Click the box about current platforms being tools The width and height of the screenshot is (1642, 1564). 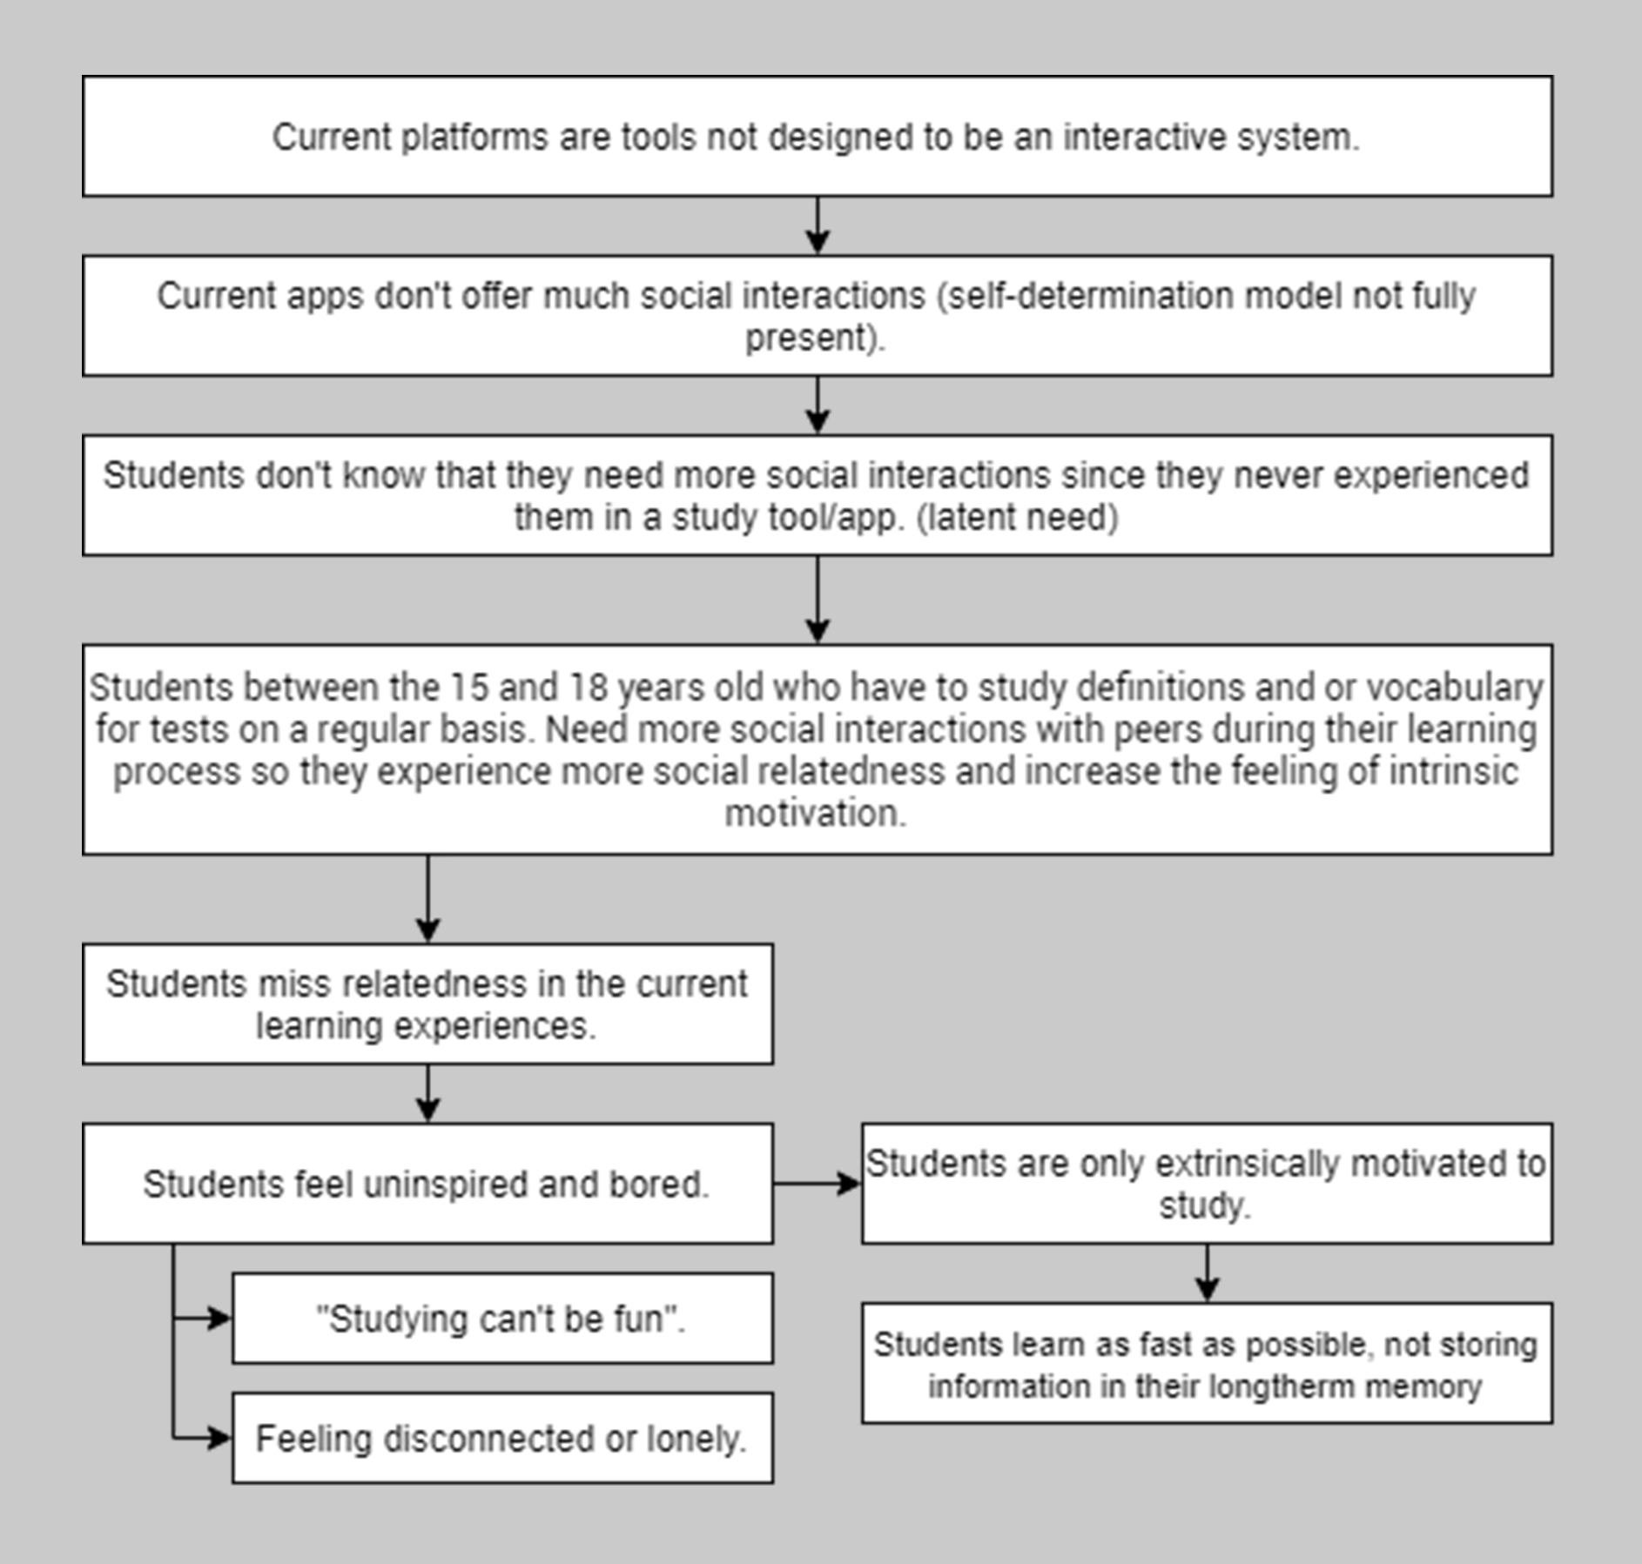coord(817,136)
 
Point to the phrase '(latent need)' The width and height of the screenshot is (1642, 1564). coord(1017,517)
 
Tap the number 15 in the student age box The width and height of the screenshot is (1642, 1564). coord(469,687)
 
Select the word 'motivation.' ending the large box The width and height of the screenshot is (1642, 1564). coord(816,813)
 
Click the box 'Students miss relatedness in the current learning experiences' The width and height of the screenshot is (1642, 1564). coord(427,1004)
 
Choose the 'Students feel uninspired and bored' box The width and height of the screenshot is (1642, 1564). coord(427,1183)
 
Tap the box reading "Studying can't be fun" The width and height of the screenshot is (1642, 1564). coord(502,1318)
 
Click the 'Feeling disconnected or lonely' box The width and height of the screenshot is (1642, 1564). coord(502,1438)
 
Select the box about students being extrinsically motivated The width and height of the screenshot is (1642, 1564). coord(1207,1183)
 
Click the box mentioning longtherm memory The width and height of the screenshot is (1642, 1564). coord(1207,1363)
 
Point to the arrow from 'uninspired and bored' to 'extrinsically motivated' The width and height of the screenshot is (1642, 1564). coord(818,1184)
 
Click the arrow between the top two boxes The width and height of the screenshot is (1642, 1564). coord(817,225)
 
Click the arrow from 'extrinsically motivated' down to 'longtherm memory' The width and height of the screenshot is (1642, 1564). coord(1207,1272)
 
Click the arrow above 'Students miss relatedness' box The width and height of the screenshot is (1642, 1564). coord(427,898)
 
